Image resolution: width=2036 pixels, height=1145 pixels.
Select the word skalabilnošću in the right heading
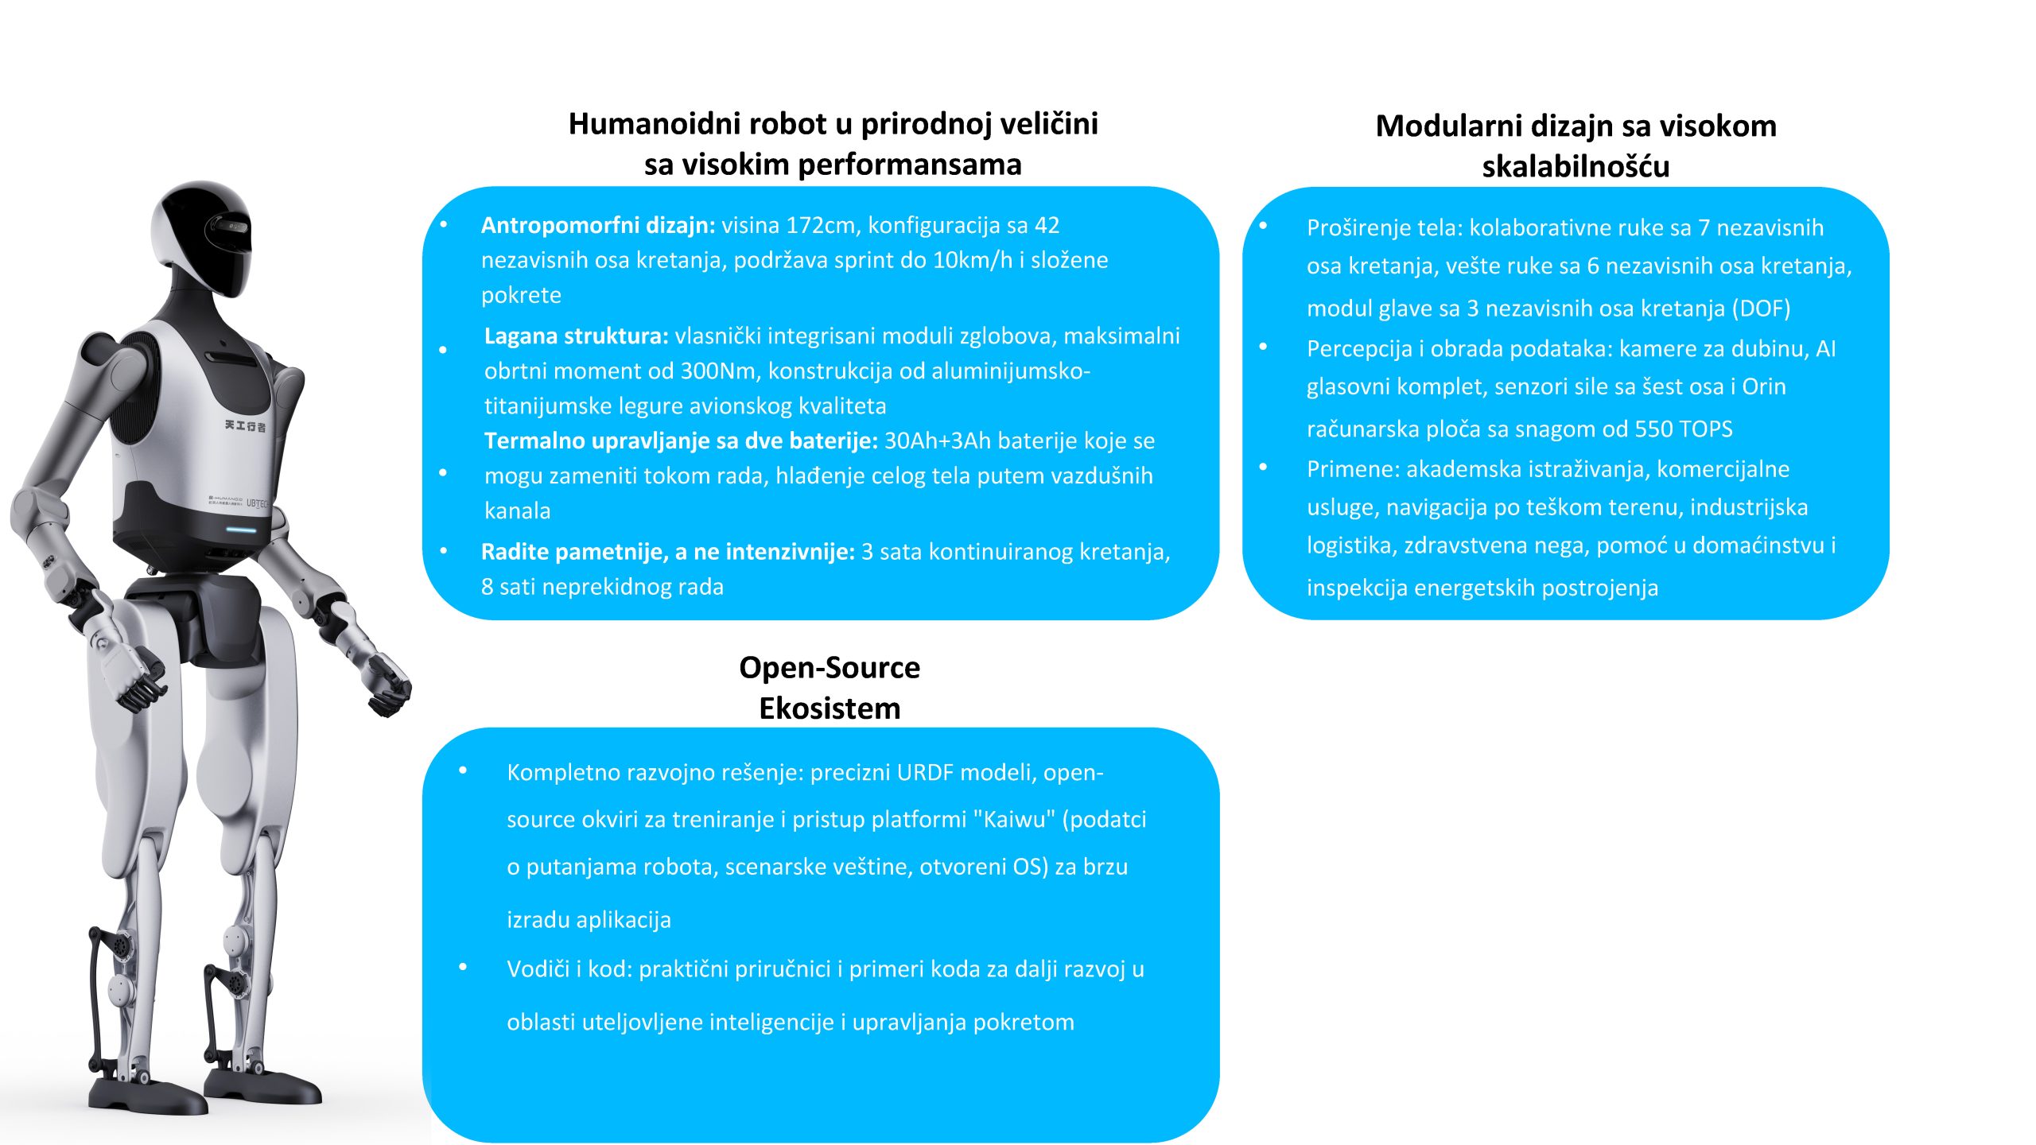1576,167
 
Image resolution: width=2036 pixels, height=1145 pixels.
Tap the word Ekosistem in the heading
830,708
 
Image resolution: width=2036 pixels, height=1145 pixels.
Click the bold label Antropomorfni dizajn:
598,226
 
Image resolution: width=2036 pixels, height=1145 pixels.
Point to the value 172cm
820,226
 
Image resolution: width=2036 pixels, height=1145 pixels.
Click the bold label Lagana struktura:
576,336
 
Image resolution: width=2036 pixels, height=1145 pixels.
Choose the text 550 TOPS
1684,429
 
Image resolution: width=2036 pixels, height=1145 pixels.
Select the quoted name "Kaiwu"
1014,820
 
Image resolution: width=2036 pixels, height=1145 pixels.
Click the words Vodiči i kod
567,969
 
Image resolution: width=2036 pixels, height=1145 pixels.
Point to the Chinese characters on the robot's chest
245,426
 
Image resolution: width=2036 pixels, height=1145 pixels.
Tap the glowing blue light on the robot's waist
240,530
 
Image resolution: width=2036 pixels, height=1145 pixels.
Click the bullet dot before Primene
1263,468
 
